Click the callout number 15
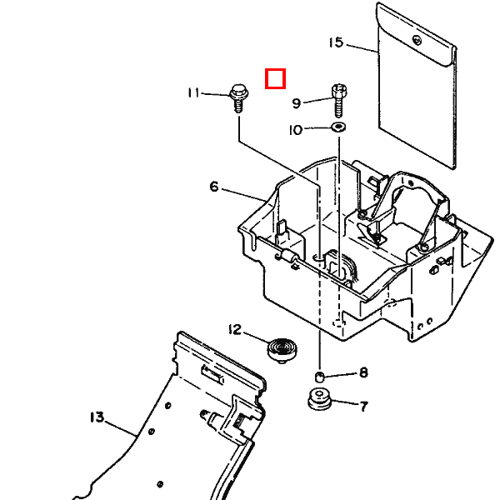336,42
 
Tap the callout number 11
193,92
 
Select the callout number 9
297,103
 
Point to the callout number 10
295,130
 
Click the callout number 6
214,187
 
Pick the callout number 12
235,329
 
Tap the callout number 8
363,372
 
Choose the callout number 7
364,407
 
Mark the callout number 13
97,417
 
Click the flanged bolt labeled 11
239,97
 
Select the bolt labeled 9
339,100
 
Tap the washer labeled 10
338,127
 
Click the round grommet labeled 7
319,398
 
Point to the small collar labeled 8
319,377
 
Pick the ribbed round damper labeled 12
282,351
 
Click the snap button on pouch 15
417,41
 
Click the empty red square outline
276,78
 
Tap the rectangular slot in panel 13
212,374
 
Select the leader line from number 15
362,47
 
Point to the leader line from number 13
121,428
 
